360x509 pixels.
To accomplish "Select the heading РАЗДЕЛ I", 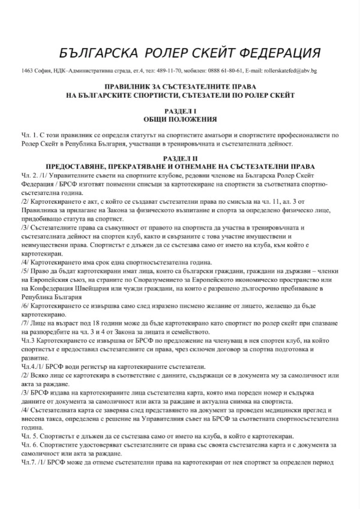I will click(x=179, y=112).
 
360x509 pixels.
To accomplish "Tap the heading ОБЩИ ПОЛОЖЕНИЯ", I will click(x=179, y=119).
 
